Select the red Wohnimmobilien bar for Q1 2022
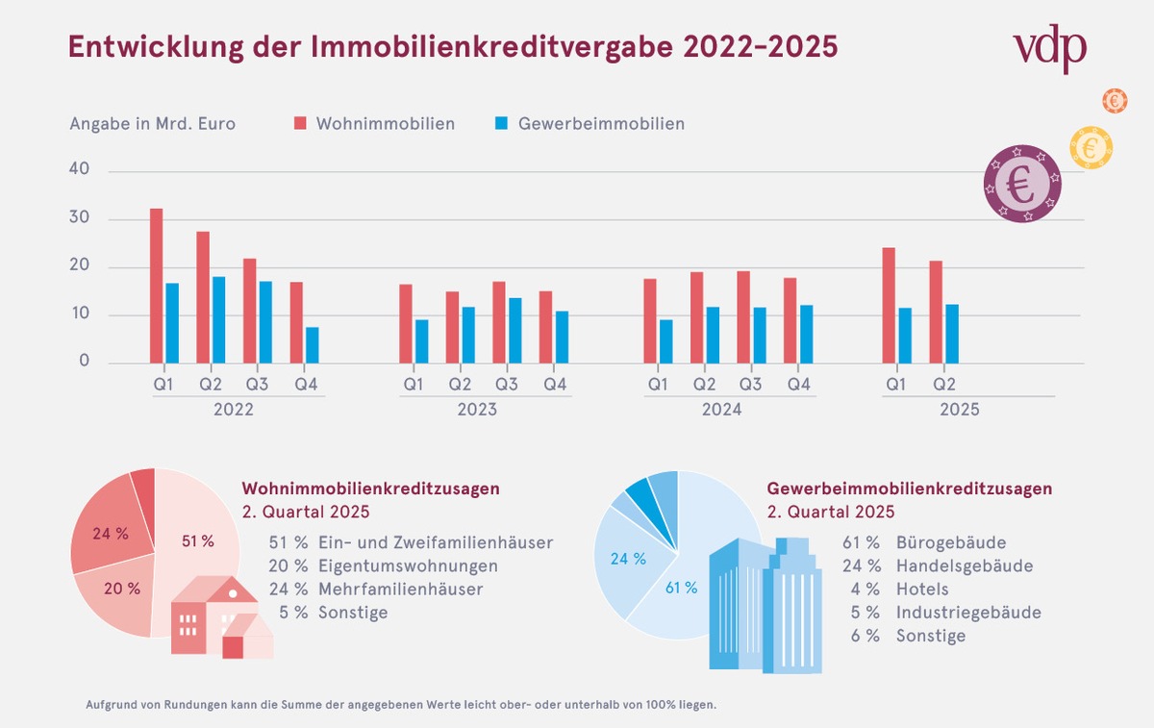pos(156,286)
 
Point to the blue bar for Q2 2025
pos(952,334)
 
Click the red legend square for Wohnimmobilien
pos(300,124)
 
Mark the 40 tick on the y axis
pos(79,169)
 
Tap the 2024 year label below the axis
pos(721,410)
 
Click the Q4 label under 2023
pos(555,385)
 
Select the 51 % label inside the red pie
pos(197,541)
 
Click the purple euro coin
pos(1021,184)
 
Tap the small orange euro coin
pos(1115,99)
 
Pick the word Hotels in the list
pos(922,590)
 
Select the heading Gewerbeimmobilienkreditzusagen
pos(910,490)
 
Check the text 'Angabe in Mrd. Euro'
pos(152,124)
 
